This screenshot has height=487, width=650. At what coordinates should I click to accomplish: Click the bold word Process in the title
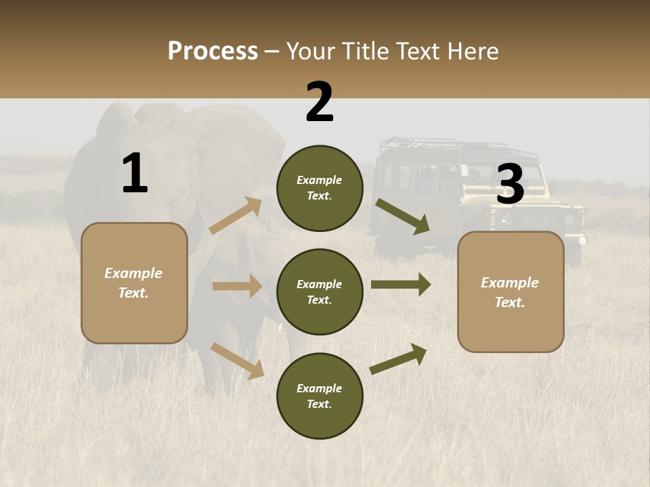point(213,51)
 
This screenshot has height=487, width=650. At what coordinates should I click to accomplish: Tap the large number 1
point(135,174)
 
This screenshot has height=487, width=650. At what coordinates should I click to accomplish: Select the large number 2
point(320,103)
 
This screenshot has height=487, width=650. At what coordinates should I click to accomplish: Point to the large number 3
point(510,185)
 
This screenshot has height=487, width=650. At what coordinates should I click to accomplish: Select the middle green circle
point(320,292)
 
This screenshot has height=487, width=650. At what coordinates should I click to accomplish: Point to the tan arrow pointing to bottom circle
point(238,361)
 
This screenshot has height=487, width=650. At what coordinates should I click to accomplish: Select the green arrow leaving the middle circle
point(401,284)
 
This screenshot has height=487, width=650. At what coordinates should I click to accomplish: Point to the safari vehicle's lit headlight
point(582,240)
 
